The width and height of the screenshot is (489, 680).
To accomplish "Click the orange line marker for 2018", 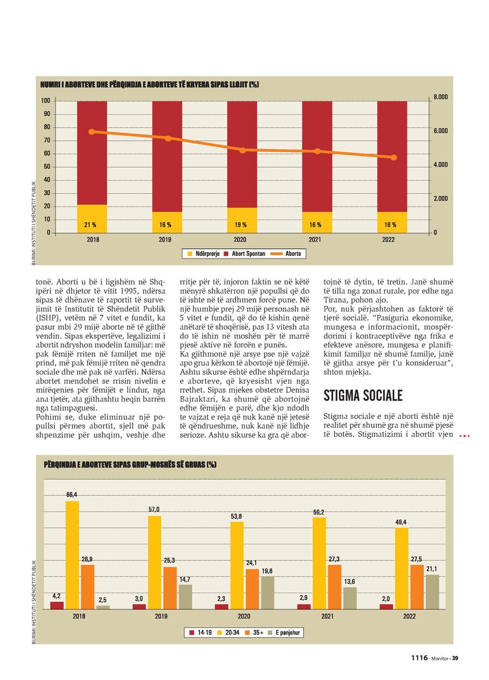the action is click(x=92, y=131).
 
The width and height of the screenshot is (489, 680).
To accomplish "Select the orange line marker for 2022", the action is click(x=394, y=158).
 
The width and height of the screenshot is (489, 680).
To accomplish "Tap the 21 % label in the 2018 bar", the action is click(x=90, y=225).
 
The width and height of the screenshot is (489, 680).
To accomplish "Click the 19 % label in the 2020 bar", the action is click(x=240, y=225).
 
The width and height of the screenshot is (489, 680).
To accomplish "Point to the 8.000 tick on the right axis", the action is click(x=440, y=97).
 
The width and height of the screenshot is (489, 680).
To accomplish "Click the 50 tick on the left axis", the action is click(x=46, y=167).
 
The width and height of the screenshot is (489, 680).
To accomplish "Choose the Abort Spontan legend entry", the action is click(x=245, y=254).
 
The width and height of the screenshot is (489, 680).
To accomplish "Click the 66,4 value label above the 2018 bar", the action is click(x=71, y=495).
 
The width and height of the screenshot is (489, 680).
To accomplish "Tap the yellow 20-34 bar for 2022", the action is click(x=402, y=568).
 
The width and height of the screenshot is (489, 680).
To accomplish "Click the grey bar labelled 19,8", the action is click(x=267, y=593).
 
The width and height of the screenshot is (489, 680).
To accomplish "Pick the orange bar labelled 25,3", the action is click(x=169, y=588).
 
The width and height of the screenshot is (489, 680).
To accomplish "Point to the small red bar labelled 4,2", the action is click(x=57, y=605).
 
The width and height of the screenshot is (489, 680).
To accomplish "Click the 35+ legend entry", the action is click(x=254, y=630).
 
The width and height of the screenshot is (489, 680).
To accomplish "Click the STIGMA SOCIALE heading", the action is click(x=363, y=396).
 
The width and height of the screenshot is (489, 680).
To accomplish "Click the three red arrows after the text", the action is click(x=465, y=436).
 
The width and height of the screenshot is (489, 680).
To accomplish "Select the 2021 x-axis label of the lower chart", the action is click(x=327, y=617).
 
